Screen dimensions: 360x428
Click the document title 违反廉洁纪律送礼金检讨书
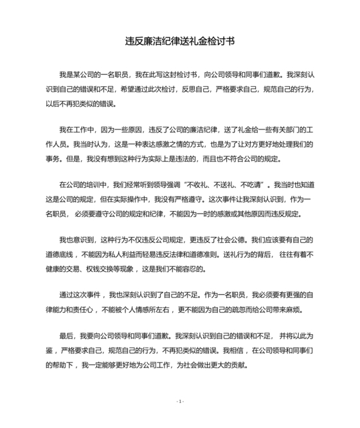coord(180,41)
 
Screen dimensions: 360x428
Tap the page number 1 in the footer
coord(180,401)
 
